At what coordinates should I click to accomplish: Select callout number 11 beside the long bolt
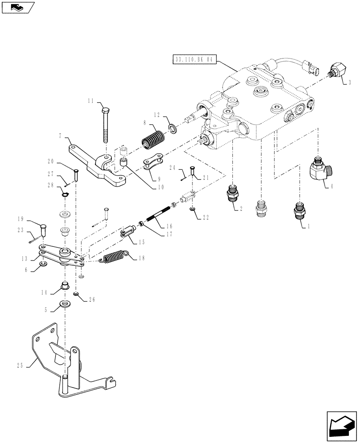(x=90, y=101)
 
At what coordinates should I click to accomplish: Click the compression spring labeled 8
(x=152, y=138)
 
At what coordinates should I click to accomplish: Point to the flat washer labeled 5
(x=65, y=305)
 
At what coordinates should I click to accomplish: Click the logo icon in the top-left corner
(x=17, y=7)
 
